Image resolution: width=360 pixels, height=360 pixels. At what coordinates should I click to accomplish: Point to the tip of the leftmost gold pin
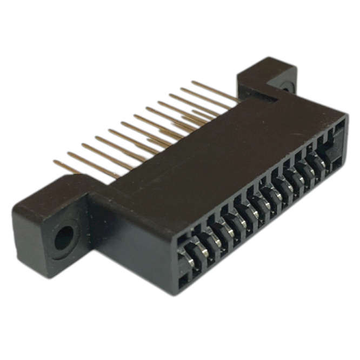point(55,162)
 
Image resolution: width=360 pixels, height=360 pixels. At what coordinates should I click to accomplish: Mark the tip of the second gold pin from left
point(69,154)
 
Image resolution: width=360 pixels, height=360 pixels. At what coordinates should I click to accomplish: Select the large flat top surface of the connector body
point(216,146)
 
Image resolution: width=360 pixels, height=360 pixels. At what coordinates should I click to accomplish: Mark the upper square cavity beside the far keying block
point(339,126)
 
